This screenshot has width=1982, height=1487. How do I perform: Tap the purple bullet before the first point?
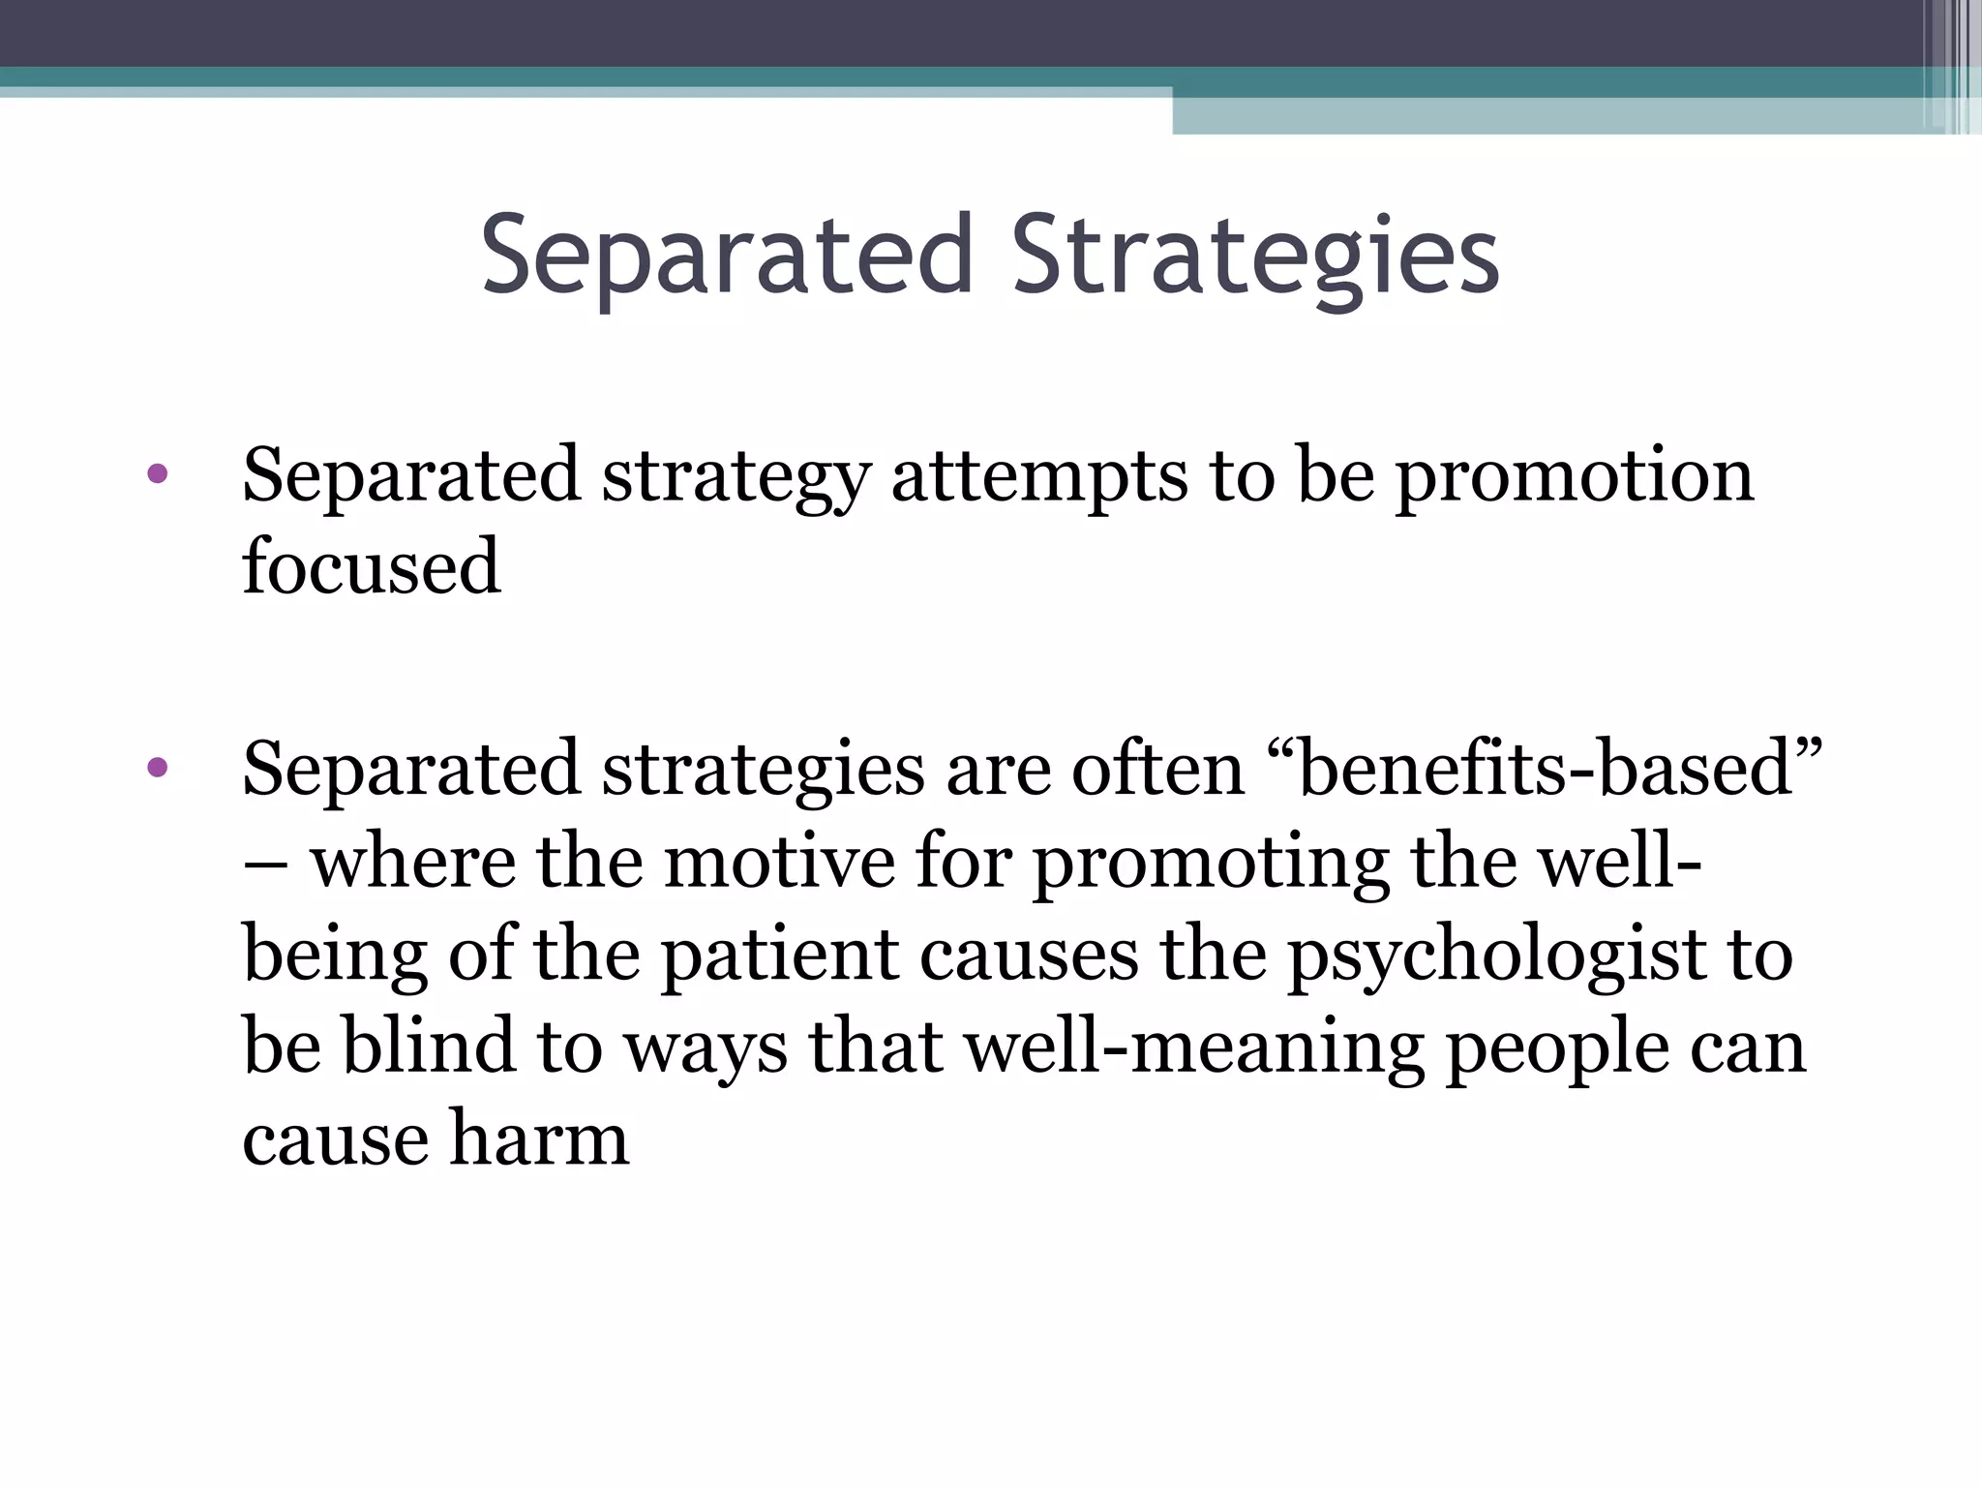pyautogui.click(x=158, y=474)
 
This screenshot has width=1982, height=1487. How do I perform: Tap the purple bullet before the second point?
pyautogui.click(x=158, y=769)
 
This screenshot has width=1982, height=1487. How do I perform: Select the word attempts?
pyautogui.click(x=1038, y=476)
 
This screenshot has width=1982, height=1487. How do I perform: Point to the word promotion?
pyautogui.click(x=1574, y=476)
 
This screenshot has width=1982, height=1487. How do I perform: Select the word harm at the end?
pyautogui.click(x=539, y=1138)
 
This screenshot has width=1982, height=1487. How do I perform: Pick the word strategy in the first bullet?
pyautogui.click(x=736, y=476)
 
